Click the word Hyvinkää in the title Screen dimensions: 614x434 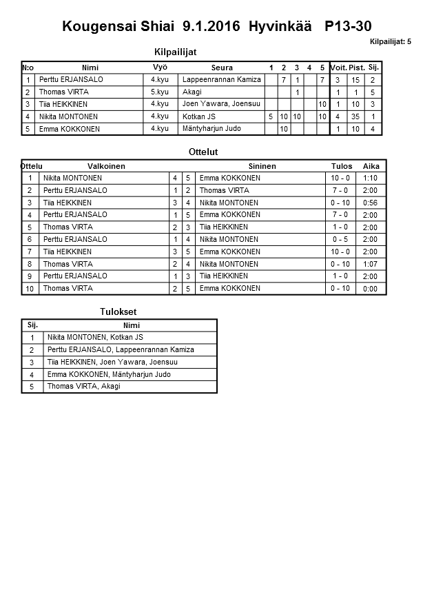279,27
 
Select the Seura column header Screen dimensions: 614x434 221,68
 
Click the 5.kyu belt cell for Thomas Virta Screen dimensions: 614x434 160,92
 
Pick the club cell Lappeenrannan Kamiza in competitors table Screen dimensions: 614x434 221,80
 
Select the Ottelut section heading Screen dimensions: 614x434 203,152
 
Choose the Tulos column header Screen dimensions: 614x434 341,166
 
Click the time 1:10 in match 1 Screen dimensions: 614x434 371,178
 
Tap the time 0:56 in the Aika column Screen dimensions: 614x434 371,203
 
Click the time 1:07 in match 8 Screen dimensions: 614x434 371,264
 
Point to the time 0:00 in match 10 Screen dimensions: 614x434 371,289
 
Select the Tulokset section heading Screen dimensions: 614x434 118,311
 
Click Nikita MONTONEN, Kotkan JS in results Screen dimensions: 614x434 95,337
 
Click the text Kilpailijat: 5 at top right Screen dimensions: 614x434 390,42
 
